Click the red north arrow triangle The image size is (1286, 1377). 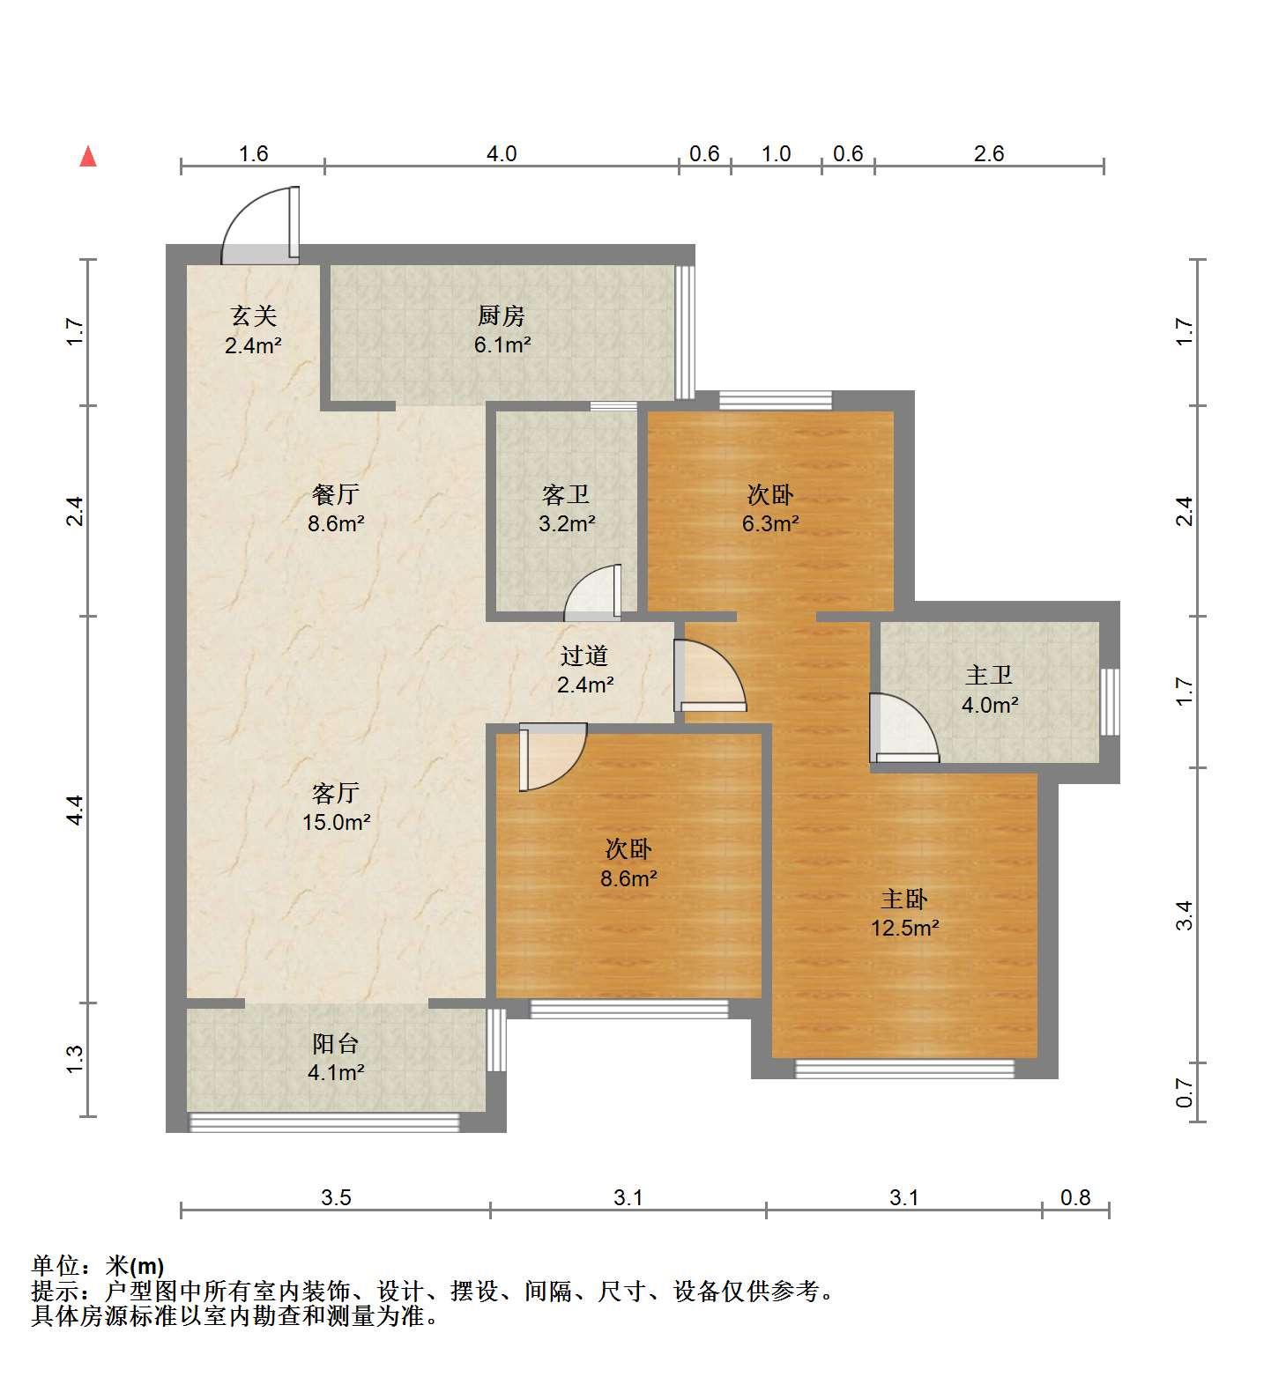(x=87, y=157)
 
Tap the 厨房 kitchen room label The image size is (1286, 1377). (x=502, y=315)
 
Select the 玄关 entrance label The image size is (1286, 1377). (x=253, y=315)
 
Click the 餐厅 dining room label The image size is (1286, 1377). (x=335, y=494)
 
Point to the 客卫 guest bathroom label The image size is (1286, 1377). (x=566, y=495)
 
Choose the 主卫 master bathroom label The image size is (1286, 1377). (x=989, y=676)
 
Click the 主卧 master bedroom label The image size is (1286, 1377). (x=904, y=899)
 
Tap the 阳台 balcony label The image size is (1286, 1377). (x=336, y=1044)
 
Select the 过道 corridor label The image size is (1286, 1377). (x=584, y=655)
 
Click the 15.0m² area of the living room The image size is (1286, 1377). (x=336, y=822)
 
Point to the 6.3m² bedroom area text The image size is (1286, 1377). (x=770, y=523)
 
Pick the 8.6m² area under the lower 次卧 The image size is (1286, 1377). (x=628, y=877)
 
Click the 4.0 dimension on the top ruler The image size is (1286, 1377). (x=502, y=153)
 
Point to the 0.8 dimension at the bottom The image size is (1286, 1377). (x=1075, y=1197)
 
